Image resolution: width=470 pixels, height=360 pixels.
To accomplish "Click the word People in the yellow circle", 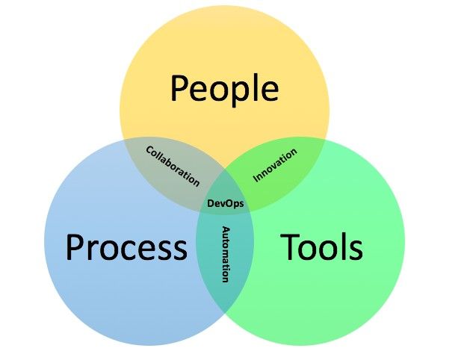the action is click(x=224, y=89).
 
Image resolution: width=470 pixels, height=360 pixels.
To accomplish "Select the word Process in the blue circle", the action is click(x=126, y=247).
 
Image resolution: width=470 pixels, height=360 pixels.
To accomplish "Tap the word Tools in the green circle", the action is click(x=321, y=246).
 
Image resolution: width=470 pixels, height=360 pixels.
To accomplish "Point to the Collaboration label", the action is click(x=173, y=167).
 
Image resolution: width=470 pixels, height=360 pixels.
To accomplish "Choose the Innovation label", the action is click(x=275, y=165).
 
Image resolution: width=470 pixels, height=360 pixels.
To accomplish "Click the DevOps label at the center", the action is click(x=226, y=203).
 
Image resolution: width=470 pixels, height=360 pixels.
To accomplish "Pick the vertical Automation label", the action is click(x=226, y=255).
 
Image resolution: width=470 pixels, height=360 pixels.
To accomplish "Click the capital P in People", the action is click(x=179, y=87).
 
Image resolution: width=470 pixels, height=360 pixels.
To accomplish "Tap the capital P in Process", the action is click(x=74, y=247).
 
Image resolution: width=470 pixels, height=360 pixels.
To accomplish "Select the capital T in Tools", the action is click(x=289, y=246).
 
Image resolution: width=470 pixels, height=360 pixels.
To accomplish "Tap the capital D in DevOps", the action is click(x=211, y=203).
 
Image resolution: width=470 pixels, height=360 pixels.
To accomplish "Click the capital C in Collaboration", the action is click(x=149, y=149).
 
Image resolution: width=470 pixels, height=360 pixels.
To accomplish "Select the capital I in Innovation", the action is click(x=256, y=179).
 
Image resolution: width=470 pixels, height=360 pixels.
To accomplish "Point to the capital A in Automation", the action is click(x=226, y=230).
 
